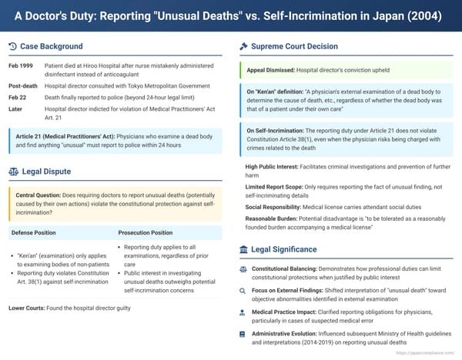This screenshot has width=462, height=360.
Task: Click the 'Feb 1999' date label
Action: point(21,66)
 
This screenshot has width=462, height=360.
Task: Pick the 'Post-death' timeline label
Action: point(23,87)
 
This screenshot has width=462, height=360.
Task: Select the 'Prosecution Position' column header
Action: point(146,232)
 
